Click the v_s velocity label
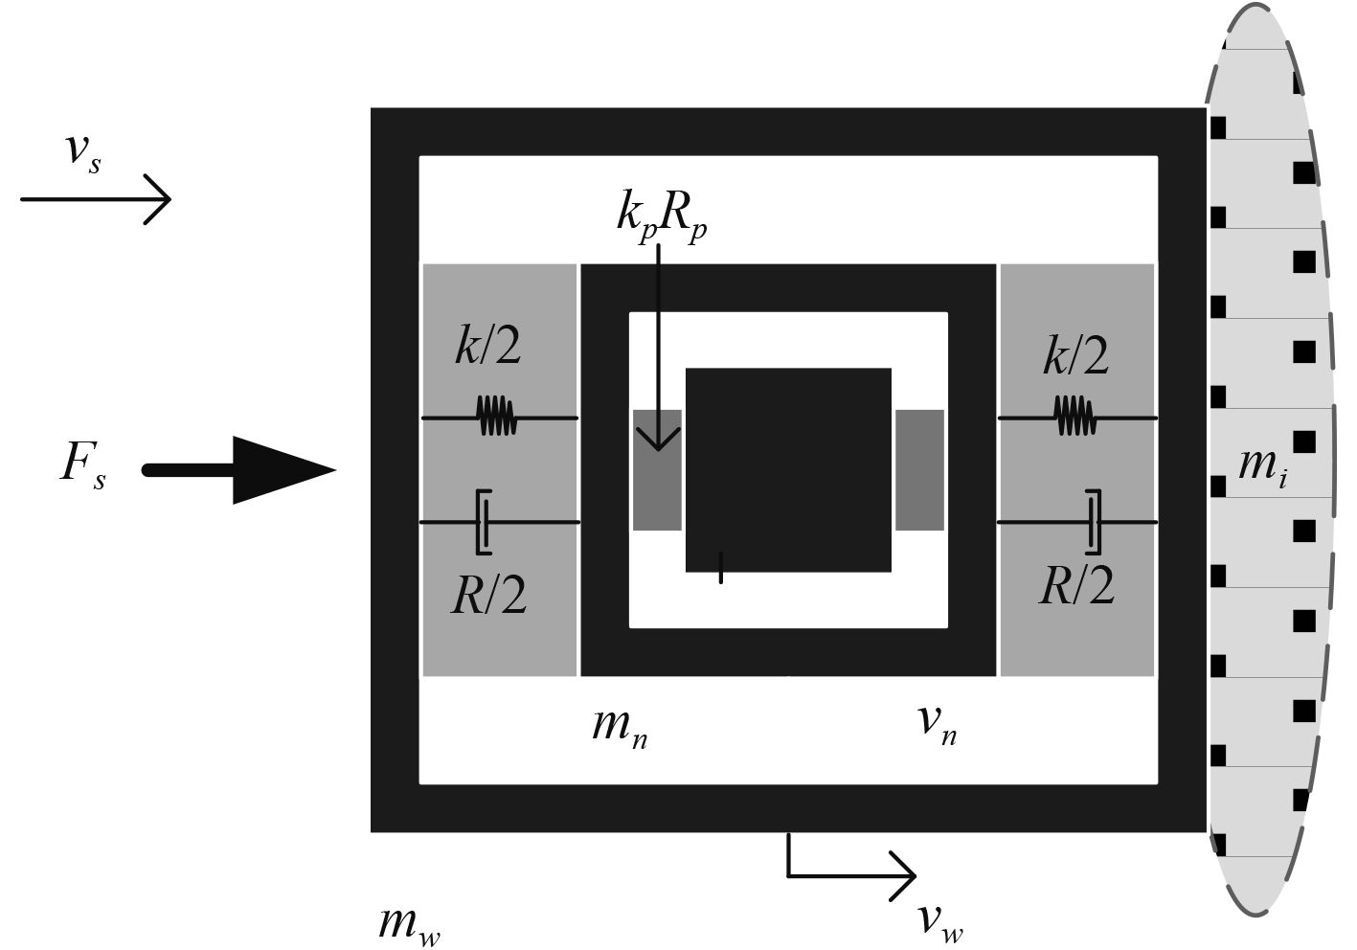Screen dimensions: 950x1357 [x=82, y=152]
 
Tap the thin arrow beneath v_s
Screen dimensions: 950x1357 [x=96, y=199]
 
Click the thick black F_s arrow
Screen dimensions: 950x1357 [x=239, y=469]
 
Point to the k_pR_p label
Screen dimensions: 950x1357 [x=662, y=216]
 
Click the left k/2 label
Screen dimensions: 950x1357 [x=487, y=345]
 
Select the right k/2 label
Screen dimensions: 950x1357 [x=1075, y=355]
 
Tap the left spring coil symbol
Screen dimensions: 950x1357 [x=497, y=417]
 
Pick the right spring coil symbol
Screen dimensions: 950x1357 [x=1074, y=417]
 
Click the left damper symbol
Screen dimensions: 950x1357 [x=484, y=522]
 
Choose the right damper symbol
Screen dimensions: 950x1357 [x=1093, y=522]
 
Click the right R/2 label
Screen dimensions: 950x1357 [x=1077, y=585]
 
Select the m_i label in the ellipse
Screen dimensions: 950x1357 [x=1262, y=466]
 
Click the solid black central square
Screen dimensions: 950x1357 [x=788, y=469]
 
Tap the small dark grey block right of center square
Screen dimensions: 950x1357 [x=919, y=469]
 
